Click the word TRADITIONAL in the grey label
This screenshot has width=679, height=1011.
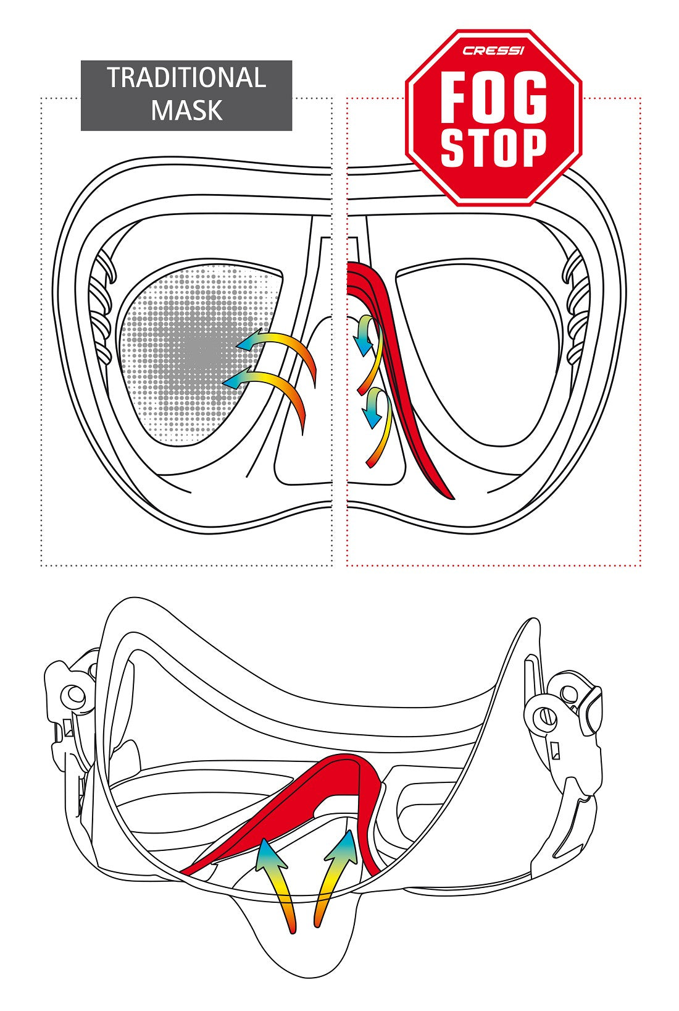(186, 78)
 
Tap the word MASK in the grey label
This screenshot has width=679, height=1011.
(186, 110)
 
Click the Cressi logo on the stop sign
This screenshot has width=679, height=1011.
(493, 51)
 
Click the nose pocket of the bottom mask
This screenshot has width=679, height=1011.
(302, 952)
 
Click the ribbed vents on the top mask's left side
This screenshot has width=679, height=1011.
(102, 309)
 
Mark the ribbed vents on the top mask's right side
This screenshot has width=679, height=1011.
(577, 309)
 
